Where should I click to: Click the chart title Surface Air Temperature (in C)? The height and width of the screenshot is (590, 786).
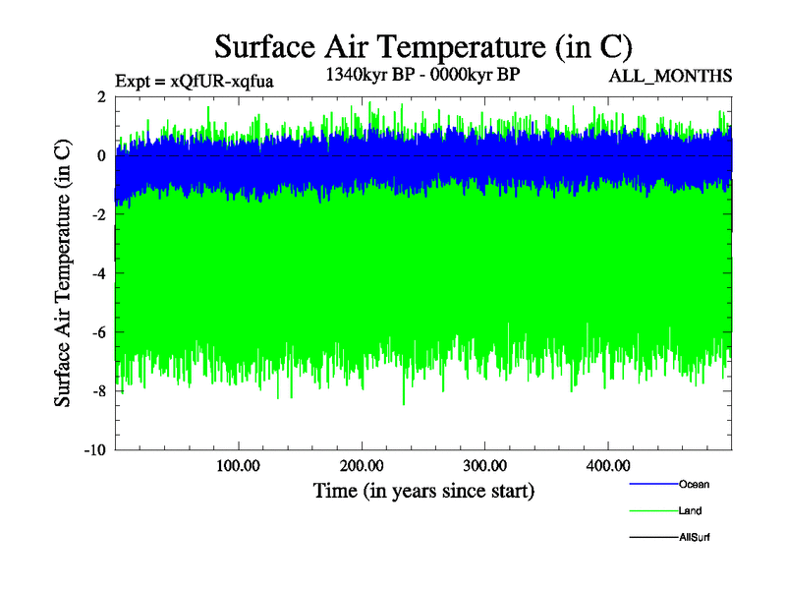coord(423,47)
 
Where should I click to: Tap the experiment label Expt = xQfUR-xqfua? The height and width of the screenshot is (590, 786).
coord(194,81)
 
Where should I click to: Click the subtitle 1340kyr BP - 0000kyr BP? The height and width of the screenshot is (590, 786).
coord(423,74)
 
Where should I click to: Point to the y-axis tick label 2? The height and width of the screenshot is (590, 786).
coord(101,96)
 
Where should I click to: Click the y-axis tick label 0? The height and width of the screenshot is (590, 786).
coord(101,155)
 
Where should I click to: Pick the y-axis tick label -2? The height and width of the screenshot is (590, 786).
coord(98,214)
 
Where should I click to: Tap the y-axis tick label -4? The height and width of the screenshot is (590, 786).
coord(98,273)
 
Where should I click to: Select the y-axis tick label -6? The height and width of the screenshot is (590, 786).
coord(98,332)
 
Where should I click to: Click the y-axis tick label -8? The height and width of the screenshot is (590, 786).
coord(98,391)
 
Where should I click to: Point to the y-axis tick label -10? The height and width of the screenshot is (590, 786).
coord(94,450)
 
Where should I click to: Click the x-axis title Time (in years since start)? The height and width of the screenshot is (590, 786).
coord(423,489)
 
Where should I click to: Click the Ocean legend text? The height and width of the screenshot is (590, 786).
coord(694,484)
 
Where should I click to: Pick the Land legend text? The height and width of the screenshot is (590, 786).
coord(690,510)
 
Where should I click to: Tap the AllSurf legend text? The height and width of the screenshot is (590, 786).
coord(694,537)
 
